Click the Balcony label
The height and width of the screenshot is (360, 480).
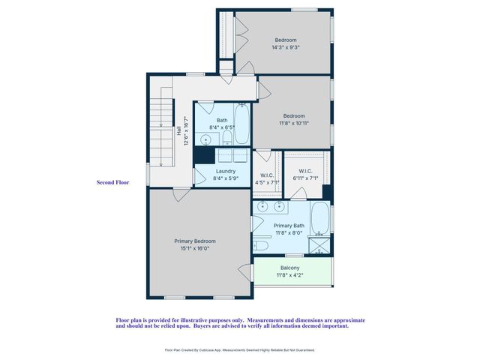290,268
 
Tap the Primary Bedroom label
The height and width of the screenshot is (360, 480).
195,241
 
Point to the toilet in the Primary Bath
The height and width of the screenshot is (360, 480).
260,244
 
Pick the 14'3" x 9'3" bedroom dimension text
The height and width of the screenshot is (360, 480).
286,48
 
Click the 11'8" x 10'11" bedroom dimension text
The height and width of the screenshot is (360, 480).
294,123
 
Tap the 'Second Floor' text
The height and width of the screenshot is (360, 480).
112,182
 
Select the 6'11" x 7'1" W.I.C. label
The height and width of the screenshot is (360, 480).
304,178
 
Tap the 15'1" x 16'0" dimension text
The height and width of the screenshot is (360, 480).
194,248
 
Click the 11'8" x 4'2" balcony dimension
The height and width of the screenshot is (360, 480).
290,275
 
